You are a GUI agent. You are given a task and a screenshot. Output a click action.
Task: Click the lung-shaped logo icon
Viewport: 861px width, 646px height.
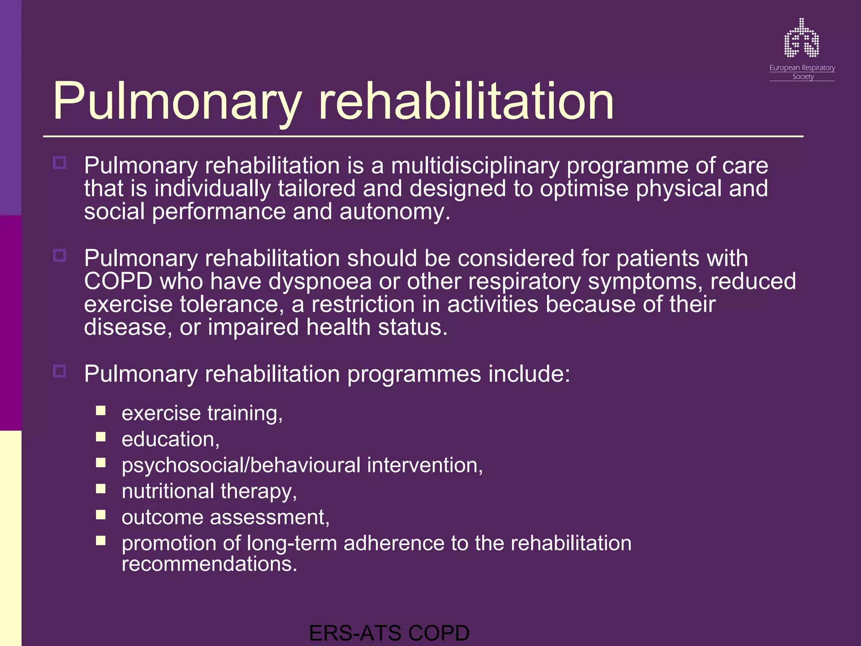(801, 39)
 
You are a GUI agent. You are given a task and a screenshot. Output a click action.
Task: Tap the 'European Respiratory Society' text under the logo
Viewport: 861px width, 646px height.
(802, 72)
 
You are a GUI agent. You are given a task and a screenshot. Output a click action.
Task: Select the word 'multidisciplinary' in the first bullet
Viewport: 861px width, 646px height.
(475, 165)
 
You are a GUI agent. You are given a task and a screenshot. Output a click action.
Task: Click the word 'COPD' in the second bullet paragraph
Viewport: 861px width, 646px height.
(118, 281)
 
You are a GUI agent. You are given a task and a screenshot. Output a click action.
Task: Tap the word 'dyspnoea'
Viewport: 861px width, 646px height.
(320, 281)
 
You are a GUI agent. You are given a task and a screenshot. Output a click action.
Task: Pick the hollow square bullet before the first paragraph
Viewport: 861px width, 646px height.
(60, 163)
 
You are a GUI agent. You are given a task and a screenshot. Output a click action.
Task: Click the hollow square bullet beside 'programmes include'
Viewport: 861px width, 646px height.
(60, 371)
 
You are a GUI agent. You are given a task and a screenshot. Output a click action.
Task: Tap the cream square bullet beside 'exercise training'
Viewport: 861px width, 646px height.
(100, 410)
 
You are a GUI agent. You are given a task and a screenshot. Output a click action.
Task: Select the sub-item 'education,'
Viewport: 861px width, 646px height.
(170, 439)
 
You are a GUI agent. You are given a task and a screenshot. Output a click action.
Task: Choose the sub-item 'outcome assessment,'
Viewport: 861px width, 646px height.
(225, 517)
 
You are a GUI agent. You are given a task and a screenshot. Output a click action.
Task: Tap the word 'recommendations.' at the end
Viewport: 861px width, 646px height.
(209, 564)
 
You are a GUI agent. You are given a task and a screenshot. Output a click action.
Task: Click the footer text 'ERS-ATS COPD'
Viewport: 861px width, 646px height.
(389, 633)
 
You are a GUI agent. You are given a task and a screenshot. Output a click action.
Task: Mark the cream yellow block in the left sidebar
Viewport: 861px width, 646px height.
(11, 538)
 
